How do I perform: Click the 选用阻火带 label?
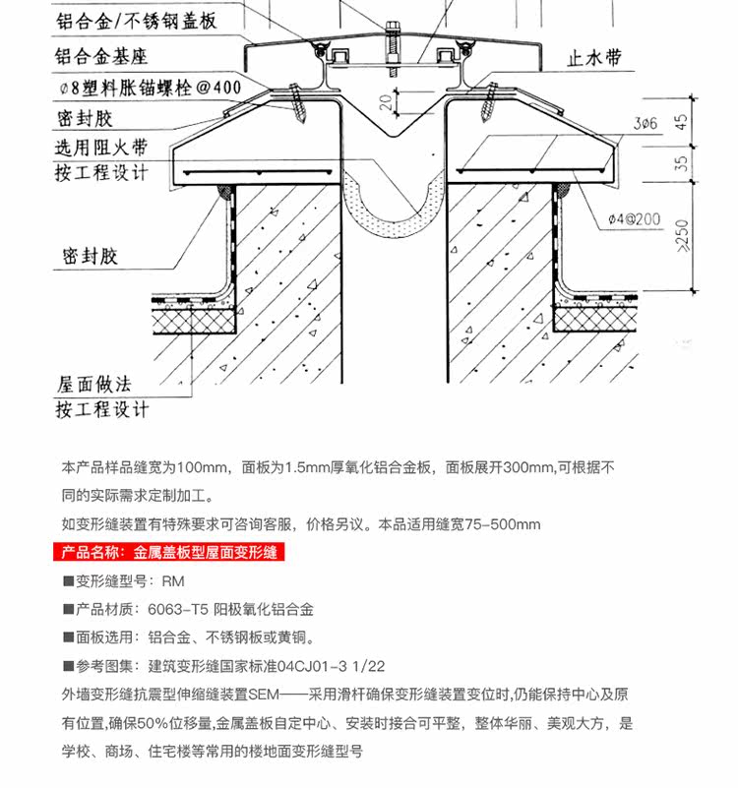tap(100, 148)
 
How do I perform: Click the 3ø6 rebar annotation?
tap(645, 124)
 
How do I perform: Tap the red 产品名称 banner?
tap(168, 553)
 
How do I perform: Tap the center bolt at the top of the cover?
tap(391, 44)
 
